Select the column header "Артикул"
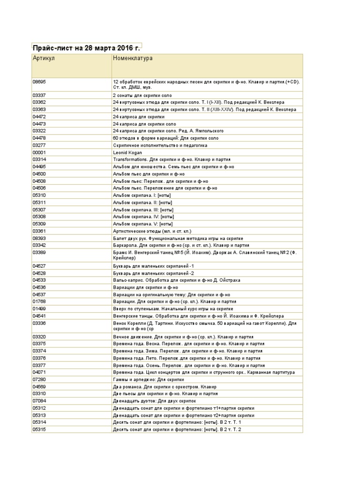click(44, 59)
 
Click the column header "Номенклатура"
click(133, 59)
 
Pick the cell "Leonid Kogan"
click(127, 152)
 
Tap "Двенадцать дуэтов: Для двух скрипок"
click(154, 401)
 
